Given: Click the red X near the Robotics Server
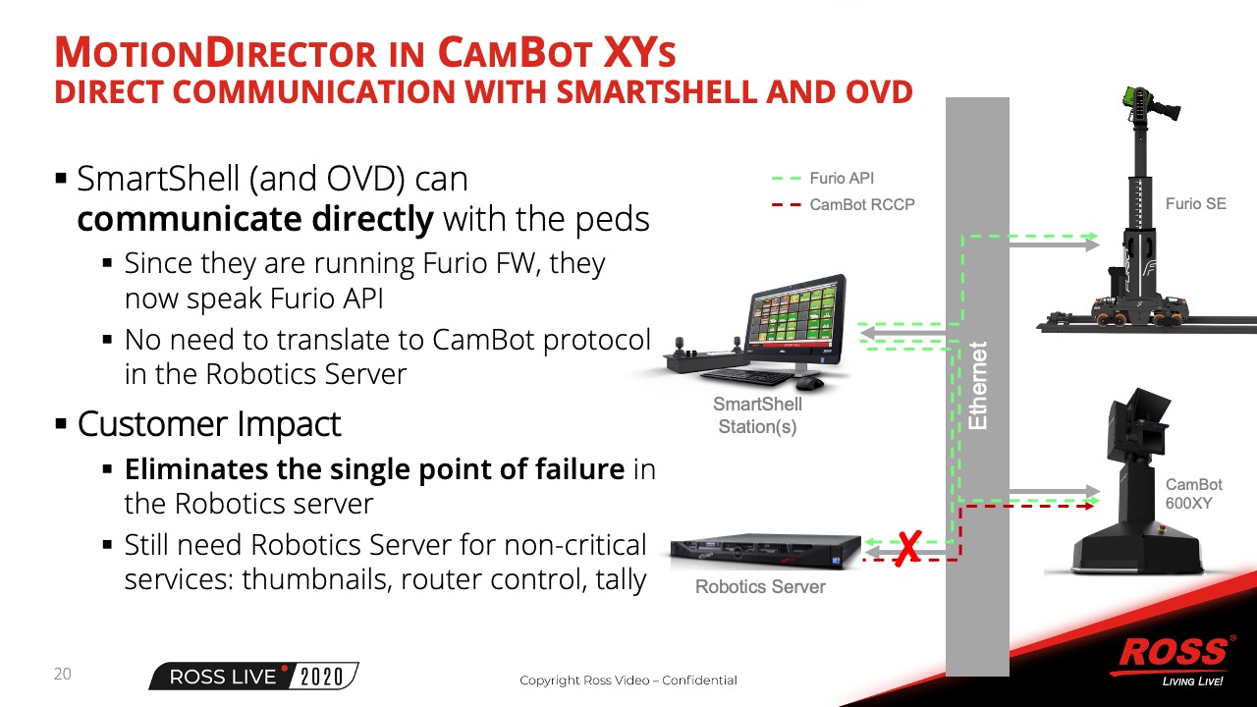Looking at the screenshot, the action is [908, 549].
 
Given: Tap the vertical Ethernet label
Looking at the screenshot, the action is [978, 386].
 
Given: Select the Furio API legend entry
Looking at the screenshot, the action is [823, 179].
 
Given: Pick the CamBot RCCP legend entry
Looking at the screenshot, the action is [844, 205].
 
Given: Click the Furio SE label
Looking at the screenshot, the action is [1196, 203].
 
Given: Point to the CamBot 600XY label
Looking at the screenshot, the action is [1193, 494].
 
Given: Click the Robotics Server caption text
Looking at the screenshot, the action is [760, 587].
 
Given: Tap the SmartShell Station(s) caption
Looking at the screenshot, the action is [757, 415].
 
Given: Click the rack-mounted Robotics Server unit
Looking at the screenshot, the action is [765, 552].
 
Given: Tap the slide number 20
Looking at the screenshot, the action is [62, 674].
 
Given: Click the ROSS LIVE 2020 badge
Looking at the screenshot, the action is [253, 677].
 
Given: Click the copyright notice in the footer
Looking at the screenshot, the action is [628, 680].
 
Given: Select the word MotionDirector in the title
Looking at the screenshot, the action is [215, 53].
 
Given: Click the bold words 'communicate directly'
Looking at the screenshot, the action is [255, 219].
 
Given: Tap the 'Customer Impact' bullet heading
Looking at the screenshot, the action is [209, 423].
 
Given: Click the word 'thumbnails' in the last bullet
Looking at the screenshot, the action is [316, 579].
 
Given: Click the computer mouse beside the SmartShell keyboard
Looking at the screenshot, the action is [809, 384].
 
